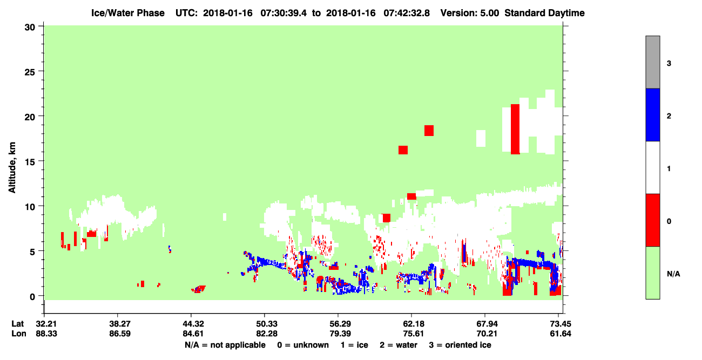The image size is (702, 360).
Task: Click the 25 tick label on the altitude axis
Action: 30,72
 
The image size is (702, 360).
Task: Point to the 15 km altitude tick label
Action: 30,162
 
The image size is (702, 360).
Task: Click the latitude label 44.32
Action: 193,324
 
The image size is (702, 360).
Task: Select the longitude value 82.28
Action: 267,334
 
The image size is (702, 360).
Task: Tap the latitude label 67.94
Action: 487,324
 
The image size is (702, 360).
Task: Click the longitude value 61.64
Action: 561,334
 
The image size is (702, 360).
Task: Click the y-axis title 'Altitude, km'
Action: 12,167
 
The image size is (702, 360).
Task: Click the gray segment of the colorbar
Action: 652,62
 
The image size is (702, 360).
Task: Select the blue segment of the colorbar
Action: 652,114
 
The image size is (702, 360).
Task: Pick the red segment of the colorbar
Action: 652,220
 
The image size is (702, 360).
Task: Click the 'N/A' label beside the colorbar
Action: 673,274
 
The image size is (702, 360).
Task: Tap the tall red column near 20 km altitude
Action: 515,129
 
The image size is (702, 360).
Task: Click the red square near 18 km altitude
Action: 429,131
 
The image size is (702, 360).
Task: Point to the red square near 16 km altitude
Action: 403,150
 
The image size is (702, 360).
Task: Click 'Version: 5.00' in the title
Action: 470,13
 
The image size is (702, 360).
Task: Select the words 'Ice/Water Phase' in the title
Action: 128,13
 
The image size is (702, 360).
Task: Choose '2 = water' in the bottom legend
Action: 399,345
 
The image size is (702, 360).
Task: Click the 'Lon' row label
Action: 19,334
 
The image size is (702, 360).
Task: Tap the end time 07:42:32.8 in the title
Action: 407,13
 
